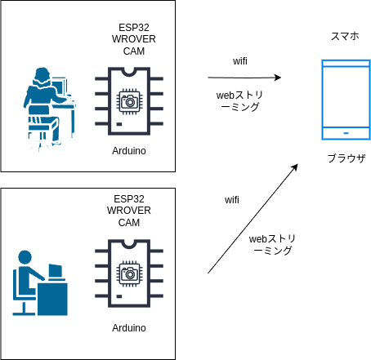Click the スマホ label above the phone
coord(345,36)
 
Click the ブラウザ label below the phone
coord(346,158)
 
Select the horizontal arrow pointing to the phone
coord(244,78)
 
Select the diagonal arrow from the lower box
coord(253,219)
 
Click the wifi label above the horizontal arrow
coord(240,61)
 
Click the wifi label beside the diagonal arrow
coord(232,200)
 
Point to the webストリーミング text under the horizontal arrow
coord(239,101)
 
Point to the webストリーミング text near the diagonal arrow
coord(272,245)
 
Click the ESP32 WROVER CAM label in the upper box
coord(134,39)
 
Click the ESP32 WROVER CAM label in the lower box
coord(129,211)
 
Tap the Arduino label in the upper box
coord(129,151)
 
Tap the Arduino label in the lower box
coord(129,328)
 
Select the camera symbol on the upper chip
coord(129,102)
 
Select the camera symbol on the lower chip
coord(129,273)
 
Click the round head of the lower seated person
coord(25,257)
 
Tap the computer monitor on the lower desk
coord(56,272)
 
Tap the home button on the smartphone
coord(346,133)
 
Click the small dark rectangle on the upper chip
coord(119,124)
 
